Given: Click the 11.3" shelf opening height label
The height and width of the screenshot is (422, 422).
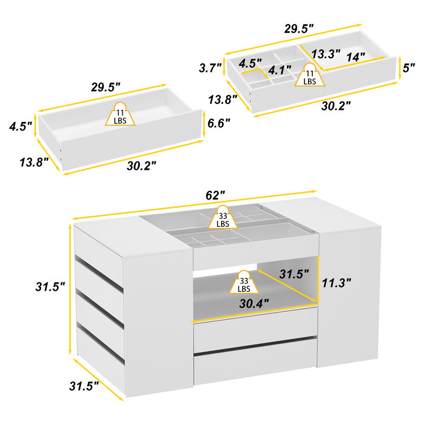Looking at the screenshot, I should (x=336, y=283).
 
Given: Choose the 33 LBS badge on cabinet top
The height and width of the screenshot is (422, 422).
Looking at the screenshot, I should (x=223, y=217).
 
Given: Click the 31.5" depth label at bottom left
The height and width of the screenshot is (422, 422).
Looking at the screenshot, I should (x=84, y=386).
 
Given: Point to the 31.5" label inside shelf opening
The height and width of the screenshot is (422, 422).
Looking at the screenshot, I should (x=293, y=275).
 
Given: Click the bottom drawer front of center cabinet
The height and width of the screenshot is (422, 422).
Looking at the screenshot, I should (x=255, y=368).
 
